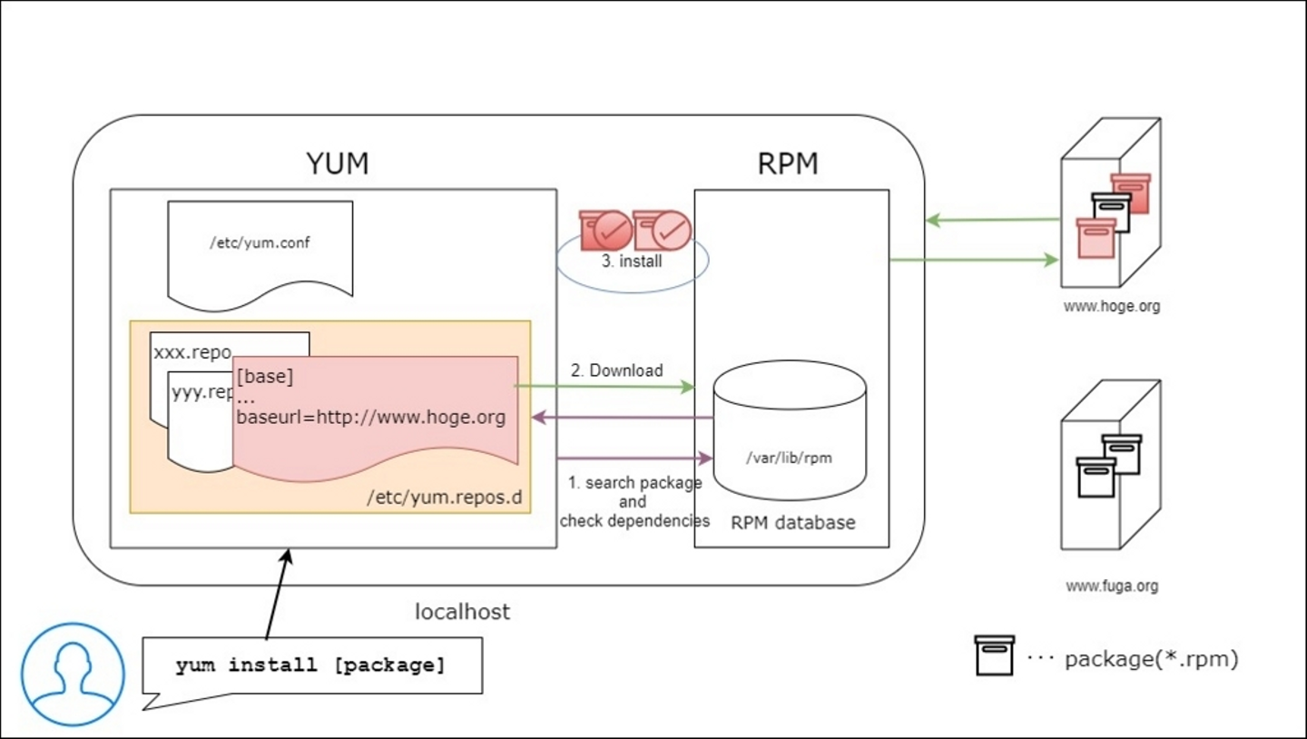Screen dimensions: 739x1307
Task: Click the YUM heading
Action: point(337,163)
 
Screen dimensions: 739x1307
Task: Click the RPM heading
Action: point(788,163)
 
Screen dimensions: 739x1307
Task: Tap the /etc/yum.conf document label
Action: point(260,243)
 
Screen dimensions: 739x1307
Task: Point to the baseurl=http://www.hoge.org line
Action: point(370,418)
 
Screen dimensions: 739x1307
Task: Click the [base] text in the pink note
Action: point(264,376)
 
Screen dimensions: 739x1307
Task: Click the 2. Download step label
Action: point(616,370)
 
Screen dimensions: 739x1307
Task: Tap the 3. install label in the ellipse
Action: point(633,261)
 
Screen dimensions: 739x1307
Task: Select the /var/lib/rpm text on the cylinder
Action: point(788,458)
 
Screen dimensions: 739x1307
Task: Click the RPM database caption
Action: point(792,522)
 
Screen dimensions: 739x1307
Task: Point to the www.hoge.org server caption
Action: point(1112,306)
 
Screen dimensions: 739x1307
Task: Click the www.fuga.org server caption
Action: point(1112,586)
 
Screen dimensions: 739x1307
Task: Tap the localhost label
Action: point(463,612)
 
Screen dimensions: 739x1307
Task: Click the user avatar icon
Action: point(73,674)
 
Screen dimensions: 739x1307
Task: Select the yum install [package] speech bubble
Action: point(310,665)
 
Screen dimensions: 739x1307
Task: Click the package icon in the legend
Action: point(994,655)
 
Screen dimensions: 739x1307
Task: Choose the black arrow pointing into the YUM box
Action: point(277,594)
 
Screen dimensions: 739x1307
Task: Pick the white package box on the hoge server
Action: point(1111,211)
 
